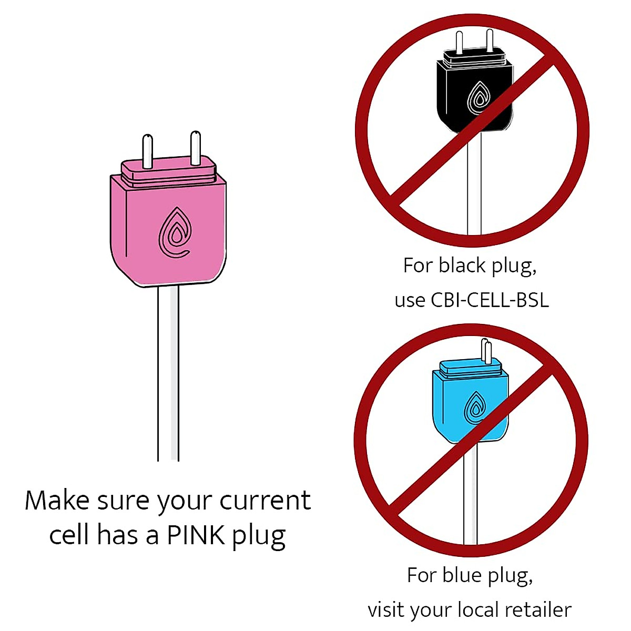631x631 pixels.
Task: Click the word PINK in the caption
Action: click(x=197, y=535)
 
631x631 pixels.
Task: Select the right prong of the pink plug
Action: click(x=195, y=147)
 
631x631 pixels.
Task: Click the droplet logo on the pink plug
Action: click(x=175, y=233)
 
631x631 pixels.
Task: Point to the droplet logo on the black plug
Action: click(x=479, y=97)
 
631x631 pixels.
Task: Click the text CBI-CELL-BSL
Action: click(x=490, y=300)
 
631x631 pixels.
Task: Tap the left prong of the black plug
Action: click(x=459, y=42)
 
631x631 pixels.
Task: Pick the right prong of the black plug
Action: click(x=490, y=40)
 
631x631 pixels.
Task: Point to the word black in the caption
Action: click(x=462, y=265)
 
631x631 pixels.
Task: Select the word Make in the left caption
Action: click(x=57, y=500)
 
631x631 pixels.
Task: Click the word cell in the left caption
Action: click(x=69, y=535)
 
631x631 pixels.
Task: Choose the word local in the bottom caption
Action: click(x=478, y=610)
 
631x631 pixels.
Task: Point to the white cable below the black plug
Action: click(x=474, y=189)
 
